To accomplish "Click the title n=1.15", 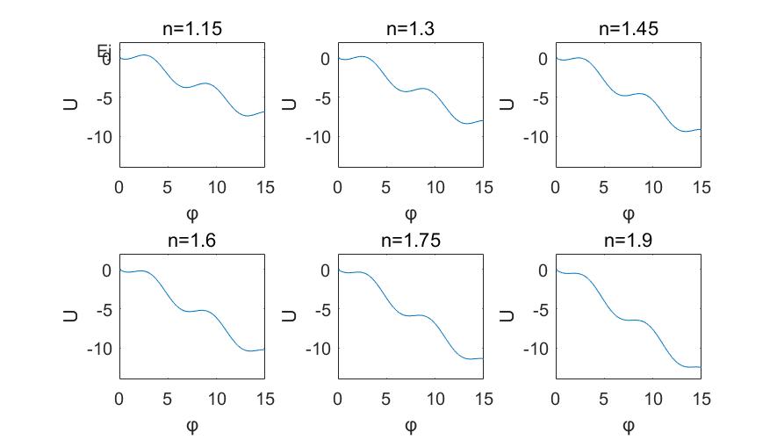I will pos(191,29).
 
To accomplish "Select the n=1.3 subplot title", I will pos(410,29).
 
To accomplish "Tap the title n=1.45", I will pos(628,29).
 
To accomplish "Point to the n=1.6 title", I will pos(191,241).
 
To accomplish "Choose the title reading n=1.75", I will pos(410,241).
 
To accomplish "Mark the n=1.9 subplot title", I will pos(628,241).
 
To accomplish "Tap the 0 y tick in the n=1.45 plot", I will pos(543,59).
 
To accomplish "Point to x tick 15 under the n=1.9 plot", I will pos(700,399).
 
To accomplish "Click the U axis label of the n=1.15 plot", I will pos(70,105).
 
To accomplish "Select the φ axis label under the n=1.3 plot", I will pos(410,214).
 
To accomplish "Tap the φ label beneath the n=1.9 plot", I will pos(628,426).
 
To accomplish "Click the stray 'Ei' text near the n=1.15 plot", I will pos(104,51).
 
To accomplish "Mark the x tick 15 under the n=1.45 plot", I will pos(700,187).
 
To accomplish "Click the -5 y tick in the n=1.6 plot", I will pos(103,309).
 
